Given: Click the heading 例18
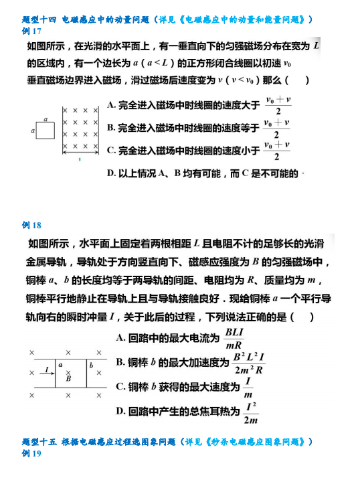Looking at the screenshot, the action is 31,225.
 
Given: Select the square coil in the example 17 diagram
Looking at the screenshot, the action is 46,132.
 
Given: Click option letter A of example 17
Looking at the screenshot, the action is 111,105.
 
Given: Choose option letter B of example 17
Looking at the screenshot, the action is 111,127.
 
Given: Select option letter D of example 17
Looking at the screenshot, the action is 111,173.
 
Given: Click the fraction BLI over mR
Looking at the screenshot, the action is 234,339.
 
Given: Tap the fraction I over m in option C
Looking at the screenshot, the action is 248,388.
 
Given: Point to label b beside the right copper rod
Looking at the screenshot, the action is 92,365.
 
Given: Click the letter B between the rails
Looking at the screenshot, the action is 68,378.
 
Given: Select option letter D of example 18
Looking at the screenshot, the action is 120,411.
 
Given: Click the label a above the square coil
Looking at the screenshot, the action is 45,118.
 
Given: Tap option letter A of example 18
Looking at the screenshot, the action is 120,338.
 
